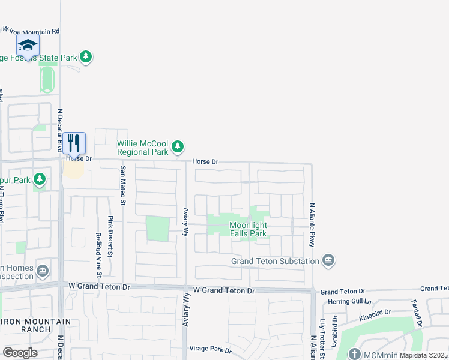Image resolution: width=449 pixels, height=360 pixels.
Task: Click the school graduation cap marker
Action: point(28,45)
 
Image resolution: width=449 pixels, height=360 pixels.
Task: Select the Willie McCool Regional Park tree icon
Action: point(177,146)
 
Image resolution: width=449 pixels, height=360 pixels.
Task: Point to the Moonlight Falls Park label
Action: point(248,229)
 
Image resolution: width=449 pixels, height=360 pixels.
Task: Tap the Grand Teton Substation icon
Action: point(328,261)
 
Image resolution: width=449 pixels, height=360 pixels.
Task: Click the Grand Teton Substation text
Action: point(276,262)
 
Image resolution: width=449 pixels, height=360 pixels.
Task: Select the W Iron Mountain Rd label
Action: point(32,30)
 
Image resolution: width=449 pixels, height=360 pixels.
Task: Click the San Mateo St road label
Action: point(123,187)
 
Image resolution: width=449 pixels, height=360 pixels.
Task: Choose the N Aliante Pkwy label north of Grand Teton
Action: point(312,224)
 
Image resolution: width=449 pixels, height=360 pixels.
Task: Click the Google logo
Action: point(20,352)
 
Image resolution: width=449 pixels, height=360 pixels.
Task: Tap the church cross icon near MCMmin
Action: point(355,354)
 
